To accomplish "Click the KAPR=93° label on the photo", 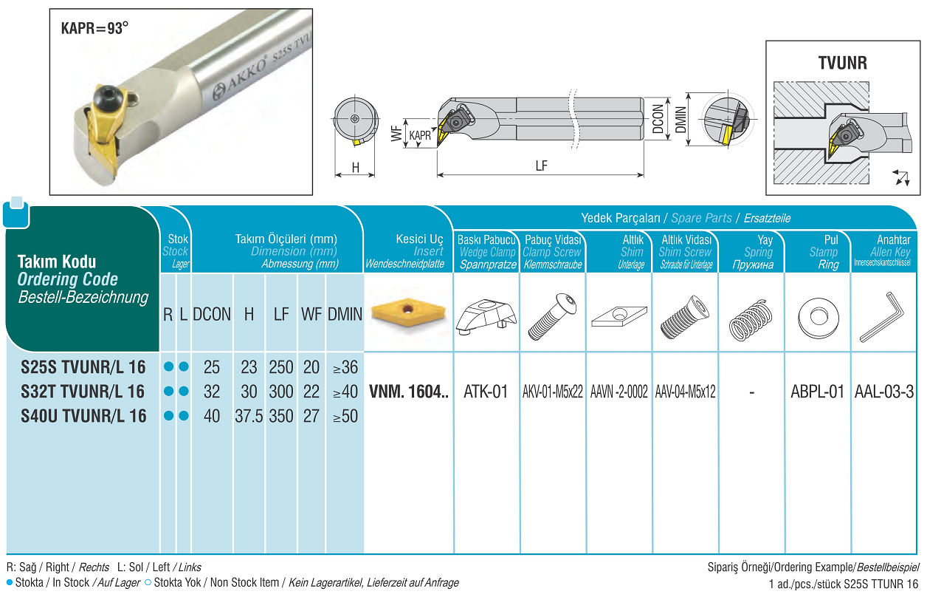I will point(94,29).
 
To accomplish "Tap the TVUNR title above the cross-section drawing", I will point(842,63).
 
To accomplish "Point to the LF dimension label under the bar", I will point(541,166).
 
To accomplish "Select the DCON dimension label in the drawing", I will point(658,119).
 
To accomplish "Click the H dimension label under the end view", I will point(356,168).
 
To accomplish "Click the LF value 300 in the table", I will point(281,392).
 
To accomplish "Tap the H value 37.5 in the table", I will point(249,416).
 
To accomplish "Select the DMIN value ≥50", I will point(345,416).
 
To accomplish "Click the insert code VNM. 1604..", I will point(408,392).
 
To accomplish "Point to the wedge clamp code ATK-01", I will point(486,392).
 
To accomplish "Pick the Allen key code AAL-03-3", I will point(884,392).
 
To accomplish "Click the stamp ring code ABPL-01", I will point(817,392).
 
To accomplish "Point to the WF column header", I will point(311,314).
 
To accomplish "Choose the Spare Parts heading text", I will point(701,218).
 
